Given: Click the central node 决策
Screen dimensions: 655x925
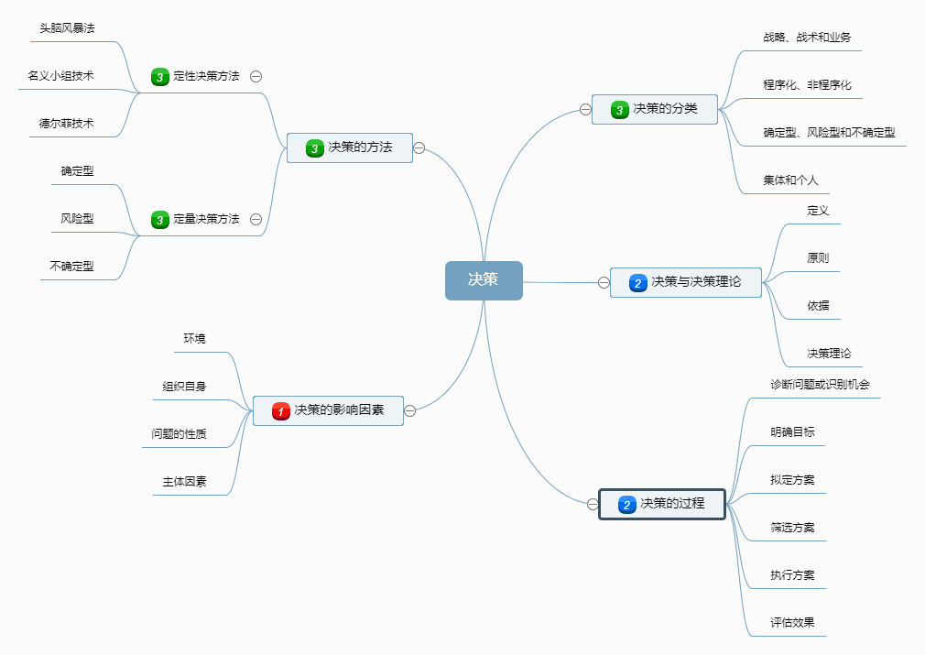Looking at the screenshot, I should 484,280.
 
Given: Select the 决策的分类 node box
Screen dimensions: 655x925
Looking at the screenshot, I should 654,109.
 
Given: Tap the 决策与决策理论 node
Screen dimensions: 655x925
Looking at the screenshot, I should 686,282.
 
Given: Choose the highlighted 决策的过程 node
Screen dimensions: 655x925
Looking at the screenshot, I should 662,504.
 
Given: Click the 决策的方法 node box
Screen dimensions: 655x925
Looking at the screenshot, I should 350,147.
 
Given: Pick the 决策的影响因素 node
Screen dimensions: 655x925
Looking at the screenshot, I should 328,410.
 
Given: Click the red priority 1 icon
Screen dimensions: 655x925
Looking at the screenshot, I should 281,411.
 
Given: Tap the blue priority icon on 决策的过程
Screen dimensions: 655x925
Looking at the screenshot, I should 627,505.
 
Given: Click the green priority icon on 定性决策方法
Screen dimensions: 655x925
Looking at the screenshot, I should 160,77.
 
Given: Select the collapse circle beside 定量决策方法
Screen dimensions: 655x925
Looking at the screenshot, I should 256,219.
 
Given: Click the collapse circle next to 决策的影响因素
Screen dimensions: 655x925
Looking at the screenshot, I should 410,410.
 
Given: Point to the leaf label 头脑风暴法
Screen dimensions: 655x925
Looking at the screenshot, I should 67,27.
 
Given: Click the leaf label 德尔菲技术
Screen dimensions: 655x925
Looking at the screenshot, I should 66,123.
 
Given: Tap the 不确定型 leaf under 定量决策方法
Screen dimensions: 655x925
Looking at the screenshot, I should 71,266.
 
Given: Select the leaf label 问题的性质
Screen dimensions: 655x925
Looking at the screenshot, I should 179,433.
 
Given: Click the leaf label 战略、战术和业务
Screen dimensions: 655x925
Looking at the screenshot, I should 807,38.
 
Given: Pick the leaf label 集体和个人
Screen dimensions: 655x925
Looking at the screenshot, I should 790,180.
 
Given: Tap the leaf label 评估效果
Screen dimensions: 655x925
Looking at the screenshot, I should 792,622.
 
